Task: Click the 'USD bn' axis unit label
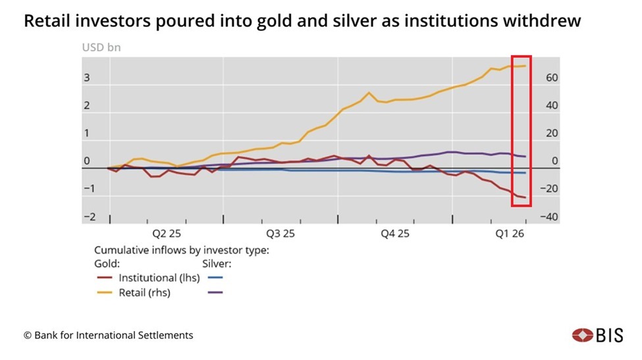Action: (x=101, y=47)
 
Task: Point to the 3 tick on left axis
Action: (x=86, y=78)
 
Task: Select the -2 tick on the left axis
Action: (x=89, y=217)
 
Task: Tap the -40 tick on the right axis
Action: (x=549, y=217)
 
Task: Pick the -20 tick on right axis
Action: (x=549, y=189)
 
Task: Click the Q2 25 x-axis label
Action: (x=167, y=234)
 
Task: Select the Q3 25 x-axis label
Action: (x=281, y=234)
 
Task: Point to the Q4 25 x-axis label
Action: (x=395, y=234)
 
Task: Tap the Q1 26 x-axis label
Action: (x=509, y=234)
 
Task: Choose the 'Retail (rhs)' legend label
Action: (x=144, y=292)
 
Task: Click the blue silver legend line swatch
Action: (x=215, y=278)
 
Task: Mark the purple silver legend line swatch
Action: (x=215, y=292)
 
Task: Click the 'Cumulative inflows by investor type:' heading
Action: (x=181, y=250)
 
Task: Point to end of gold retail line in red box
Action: (x=525, y=66)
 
